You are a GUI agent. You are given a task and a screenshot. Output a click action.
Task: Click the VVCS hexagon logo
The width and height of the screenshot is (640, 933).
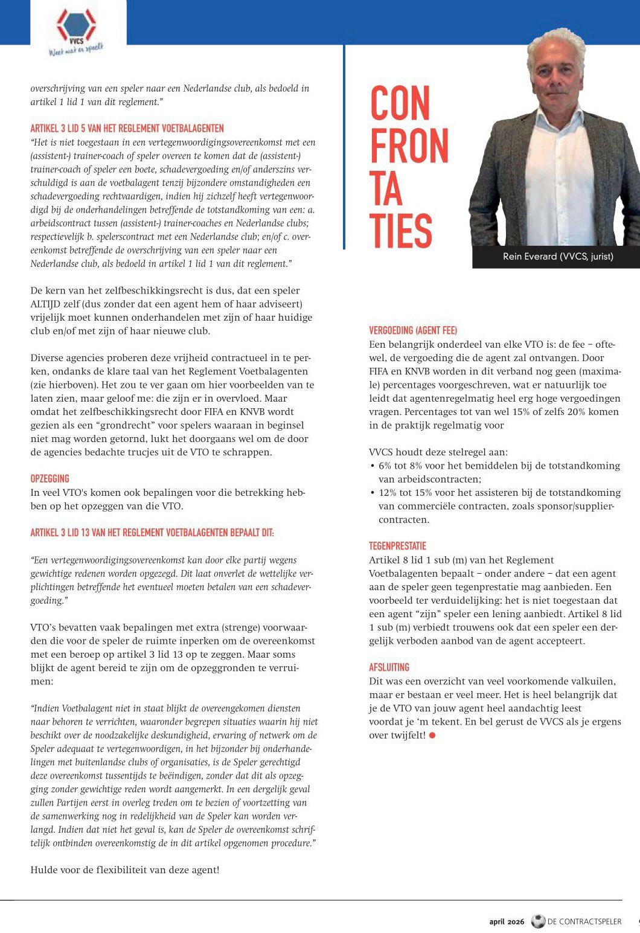point(76,25)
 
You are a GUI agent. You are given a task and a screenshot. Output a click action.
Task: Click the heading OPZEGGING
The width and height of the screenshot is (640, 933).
point(50,479)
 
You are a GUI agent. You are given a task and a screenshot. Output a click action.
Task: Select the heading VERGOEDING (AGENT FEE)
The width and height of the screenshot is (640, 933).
point(413,330)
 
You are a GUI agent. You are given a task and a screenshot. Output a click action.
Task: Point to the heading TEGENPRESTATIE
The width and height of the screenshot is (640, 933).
point(397,546)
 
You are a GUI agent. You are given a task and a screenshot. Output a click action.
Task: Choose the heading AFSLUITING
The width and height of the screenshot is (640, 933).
point(389,667)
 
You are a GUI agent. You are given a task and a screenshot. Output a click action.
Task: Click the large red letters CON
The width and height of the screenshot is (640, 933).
point(400,104)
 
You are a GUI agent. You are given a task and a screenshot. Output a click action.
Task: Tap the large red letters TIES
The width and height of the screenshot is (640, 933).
point(401,231)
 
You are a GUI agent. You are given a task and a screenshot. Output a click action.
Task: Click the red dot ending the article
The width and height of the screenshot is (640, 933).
point(432,736)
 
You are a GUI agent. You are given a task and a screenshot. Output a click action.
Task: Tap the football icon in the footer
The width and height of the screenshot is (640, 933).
point(537,922)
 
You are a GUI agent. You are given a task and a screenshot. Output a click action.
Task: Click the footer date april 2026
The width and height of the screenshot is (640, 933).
point(507,922)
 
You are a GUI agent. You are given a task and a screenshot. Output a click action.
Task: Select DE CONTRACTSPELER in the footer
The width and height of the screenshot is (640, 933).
point(584,922)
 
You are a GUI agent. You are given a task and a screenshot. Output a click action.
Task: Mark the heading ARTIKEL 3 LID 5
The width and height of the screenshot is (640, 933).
point(127,129)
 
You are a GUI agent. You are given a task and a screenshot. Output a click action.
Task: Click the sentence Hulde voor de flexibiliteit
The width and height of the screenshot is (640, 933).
point(124,870)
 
